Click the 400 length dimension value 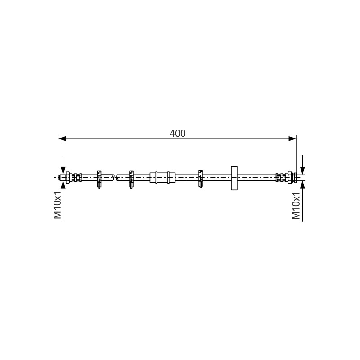click(177, 133)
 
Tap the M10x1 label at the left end click(58, 205)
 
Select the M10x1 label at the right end click(296, 206)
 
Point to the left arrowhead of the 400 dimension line click(62, 139)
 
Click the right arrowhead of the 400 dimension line click(292, 139)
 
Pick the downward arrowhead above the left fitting click(63, 171)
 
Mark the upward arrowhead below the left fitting click(63, 184)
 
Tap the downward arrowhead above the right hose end click(302, 171)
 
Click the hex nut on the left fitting click(68, 177)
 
